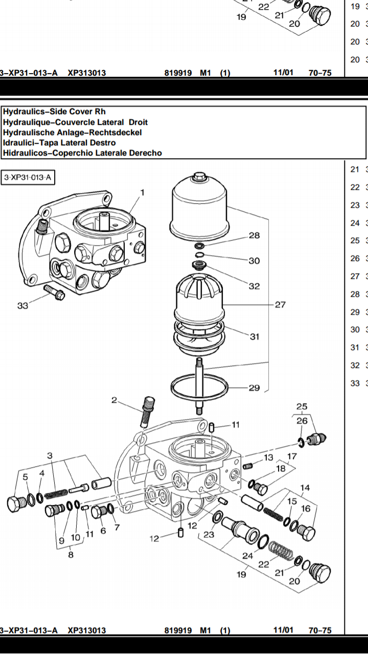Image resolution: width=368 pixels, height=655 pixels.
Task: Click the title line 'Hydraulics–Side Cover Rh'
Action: tap(54, 112)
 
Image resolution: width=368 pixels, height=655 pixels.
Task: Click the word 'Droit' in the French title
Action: tap(138, 122)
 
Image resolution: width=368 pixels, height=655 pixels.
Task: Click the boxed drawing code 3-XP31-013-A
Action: tap(28, 178)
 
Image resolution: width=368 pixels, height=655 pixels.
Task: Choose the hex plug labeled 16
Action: tap(306, 532)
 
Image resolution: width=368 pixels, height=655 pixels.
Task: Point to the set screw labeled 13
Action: tap(248, 466)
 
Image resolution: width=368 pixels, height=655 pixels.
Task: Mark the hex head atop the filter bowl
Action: tap(200, 177)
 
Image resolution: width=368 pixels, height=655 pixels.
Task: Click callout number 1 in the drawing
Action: tap(143, 193)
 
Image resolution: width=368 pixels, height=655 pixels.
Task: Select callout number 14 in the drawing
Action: tap(305, 488)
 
